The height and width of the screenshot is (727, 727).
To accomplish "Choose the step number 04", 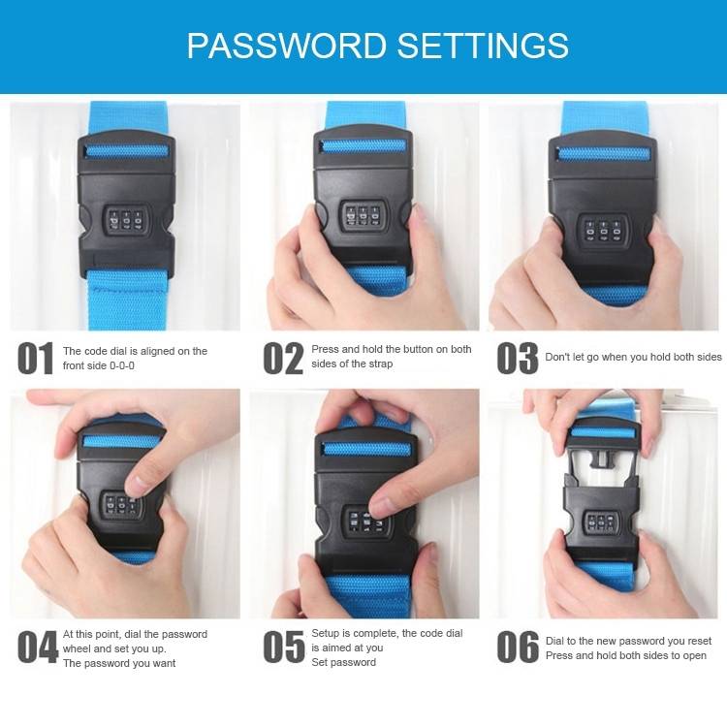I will tap(38, 648).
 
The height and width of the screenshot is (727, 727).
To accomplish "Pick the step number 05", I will tap(284, 648).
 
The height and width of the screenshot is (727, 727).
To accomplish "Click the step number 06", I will tap(518, 648).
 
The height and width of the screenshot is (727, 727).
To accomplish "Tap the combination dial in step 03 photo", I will tap(602, 231).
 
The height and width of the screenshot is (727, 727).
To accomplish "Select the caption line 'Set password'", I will tap(343, 662).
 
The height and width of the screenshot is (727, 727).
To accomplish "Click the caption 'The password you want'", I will tap(119, 663).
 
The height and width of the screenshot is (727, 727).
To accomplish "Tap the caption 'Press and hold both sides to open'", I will tap(625, 655).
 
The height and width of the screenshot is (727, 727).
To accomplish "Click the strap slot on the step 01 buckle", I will tap(127, 151).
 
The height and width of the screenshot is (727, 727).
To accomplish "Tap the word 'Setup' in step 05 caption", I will tap(327, 633).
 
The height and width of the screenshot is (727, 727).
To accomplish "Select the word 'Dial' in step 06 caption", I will tap(555, 641).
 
